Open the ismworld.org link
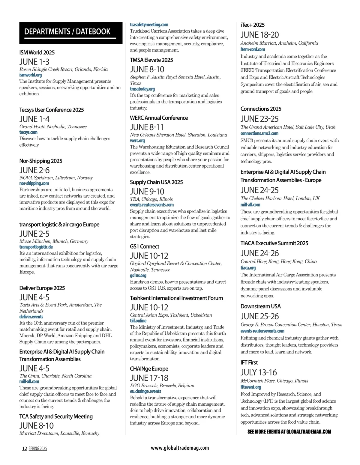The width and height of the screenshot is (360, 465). coord(31,75)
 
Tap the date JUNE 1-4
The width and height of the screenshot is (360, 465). coord(34,119)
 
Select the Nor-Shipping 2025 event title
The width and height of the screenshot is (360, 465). coord(41,161)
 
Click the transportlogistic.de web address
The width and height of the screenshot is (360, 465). coord(36,247)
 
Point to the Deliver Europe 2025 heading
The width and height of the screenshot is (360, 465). coord(42,288)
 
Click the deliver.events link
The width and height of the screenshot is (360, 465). coord(31,317)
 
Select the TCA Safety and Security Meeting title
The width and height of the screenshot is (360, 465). coord(56,416)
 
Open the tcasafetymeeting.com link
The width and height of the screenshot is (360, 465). coord(149,25)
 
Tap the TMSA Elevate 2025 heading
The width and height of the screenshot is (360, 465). coord(151,60)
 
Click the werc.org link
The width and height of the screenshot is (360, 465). coord(137,141)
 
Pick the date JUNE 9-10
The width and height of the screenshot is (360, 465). coord(147,191)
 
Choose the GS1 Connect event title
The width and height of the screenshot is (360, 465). coord(144,246)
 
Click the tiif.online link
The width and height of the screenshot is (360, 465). coord(138,321)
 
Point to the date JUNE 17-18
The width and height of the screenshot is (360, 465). coord(149,378)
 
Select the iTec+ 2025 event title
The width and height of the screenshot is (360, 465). coord(252,25)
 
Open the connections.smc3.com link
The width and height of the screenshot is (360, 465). coord(259,133)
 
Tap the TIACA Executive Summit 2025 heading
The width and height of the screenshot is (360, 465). coord(274,243)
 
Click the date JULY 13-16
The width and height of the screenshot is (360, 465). coord(259,372)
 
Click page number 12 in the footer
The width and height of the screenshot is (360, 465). coord(25,449)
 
